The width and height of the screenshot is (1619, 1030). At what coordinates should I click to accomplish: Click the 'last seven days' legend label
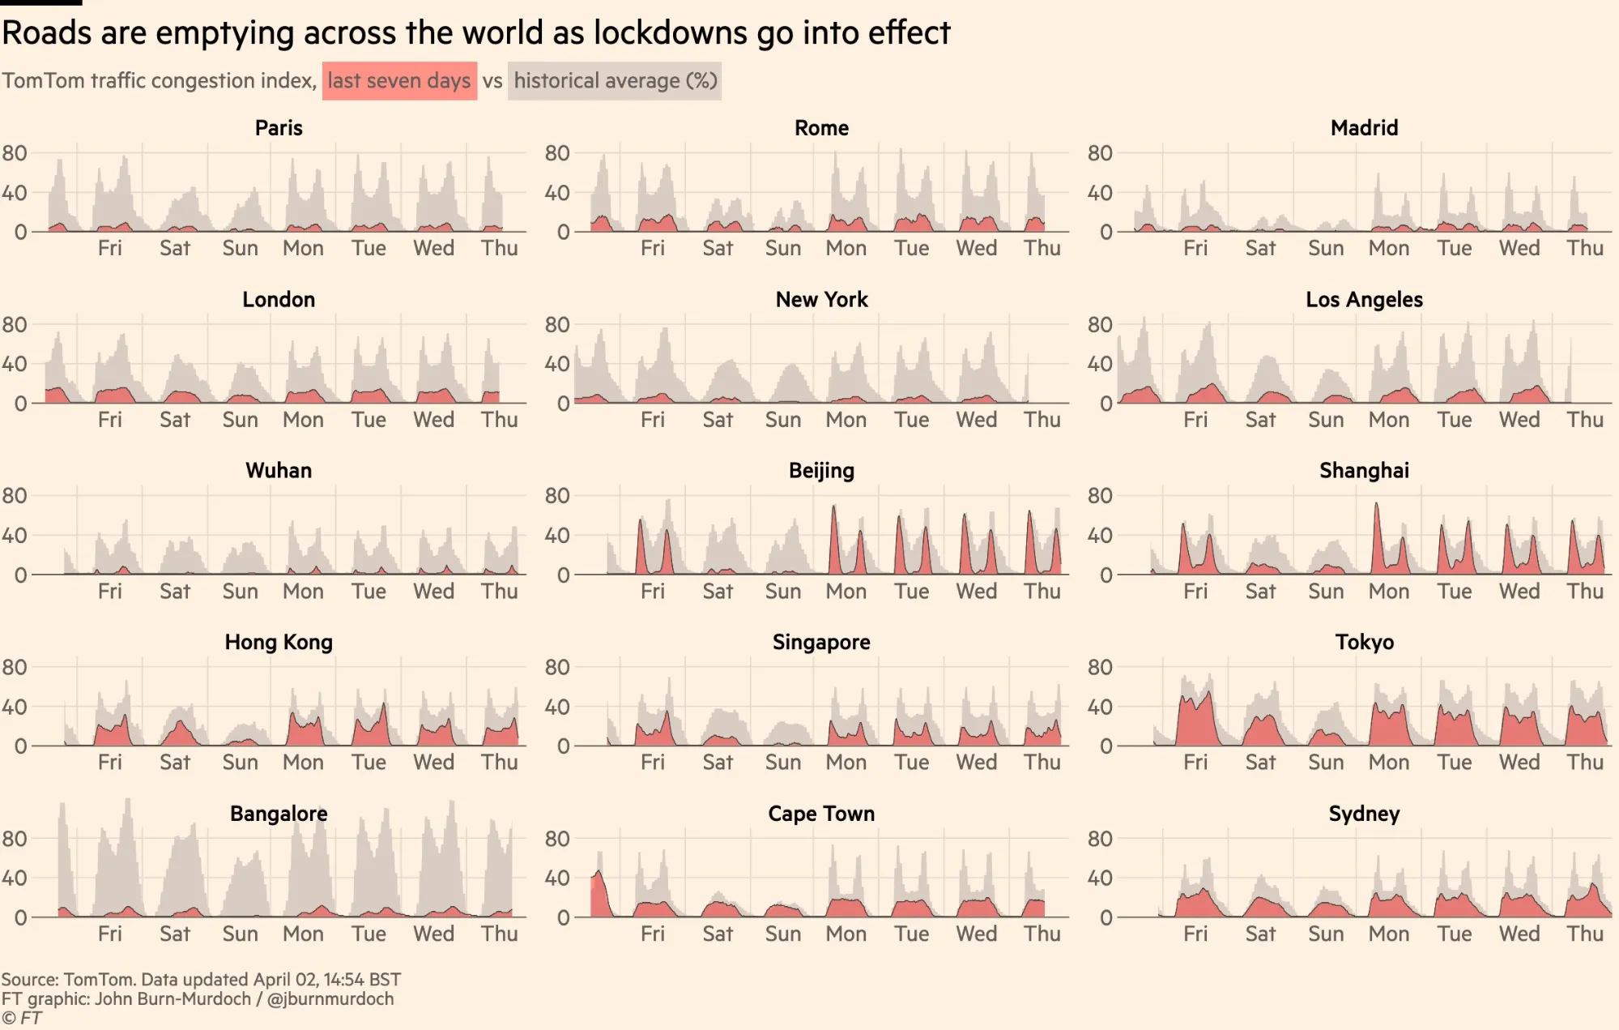coord(398,81)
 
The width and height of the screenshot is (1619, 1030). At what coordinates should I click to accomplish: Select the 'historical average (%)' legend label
coord(615,81)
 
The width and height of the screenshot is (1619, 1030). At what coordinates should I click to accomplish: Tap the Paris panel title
coord(279,128)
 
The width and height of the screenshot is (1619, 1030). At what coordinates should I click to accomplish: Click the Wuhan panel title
coord(279,471)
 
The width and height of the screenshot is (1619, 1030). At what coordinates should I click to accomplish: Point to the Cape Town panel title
coord(821,814)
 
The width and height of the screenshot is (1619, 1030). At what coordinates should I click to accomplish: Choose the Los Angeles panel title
coord(1364,300)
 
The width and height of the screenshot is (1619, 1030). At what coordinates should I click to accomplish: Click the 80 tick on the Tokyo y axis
coord(1099,668)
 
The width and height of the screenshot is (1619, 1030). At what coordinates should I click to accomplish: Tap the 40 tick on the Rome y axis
coord(557,193)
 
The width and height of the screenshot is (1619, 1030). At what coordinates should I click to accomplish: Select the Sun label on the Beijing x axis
coord(782,592)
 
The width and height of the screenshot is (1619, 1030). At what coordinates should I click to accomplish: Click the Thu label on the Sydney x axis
coord(1584,934)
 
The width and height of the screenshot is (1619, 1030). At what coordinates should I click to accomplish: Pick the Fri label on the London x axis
coord(109,420)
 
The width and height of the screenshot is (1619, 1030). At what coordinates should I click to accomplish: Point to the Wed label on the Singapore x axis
coord(976,763)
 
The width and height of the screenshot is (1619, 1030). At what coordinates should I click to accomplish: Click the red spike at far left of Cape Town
coord(599,891)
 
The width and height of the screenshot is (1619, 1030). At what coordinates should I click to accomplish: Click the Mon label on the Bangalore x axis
coord(303,934)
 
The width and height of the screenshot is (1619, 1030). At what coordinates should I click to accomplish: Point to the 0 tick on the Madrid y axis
coord(1106,233)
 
